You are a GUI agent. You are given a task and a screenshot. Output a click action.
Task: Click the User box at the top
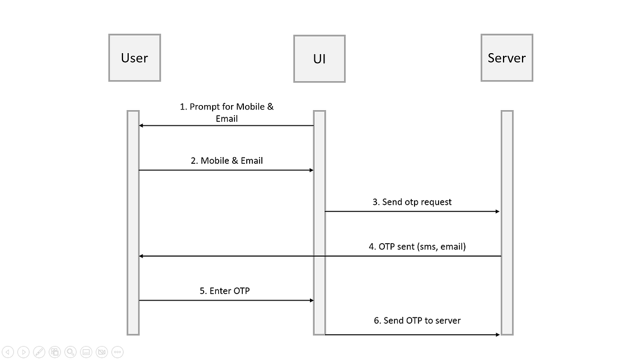click(x=134, y=58)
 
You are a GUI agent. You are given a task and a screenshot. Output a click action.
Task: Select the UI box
click(x=319, y=59)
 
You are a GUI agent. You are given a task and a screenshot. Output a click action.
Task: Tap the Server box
click(x=506, y=58)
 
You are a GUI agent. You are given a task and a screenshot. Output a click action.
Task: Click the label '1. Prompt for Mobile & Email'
click(x=227, y=112)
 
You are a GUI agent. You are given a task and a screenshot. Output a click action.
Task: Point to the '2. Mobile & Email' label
click(x=227, y=160)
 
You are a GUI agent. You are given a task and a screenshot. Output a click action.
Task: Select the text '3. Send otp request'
click(x=412, y=202)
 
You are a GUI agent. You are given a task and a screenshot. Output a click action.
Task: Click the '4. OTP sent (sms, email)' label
click(x=417, y=246)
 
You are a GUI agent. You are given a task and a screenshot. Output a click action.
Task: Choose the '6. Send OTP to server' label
click(x=417, y=320)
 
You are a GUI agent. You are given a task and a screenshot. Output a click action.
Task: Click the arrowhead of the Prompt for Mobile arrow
click(x=142, y=126)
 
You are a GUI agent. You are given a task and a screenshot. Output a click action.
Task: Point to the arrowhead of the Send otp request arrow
click(x=497, y=211)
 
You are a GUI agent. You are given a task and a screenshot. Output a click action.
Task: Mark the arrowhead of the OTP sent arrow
click(x=142, y=256)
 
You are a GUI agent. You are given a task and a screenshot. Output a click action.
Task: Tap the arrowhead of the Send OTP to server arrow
click(x=497, y=334)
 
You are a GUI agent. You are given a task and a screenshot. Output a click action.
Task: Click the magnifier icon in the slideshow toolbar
click(x=70, y=352)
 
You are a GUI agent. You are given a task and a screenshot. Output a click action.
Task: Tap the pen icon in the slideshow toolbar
click(x=39, y=352)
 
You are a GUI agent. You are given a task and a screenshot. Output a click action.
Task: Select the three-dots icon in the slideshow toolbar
click(x=117, y=352)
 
